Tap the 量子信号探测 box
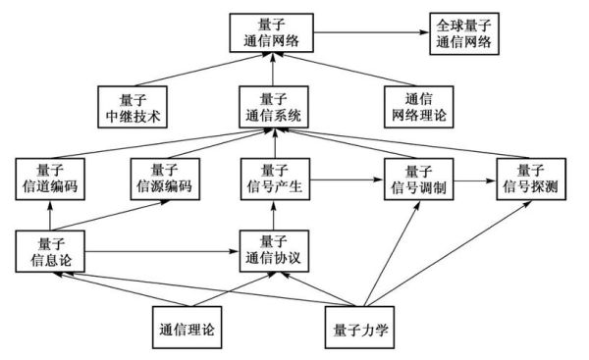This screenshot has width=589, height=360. (532, 178)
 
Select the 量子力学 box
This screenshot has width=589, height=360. (363, 326)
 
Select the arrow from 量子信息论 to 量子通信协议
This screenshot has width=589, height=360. (161, 252)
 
